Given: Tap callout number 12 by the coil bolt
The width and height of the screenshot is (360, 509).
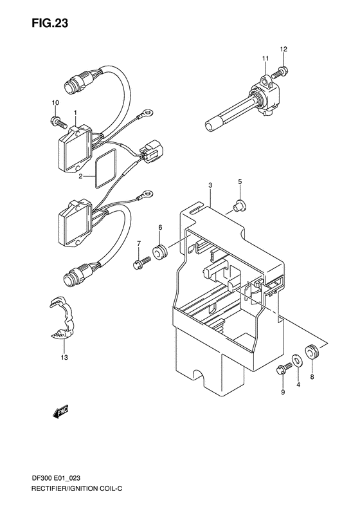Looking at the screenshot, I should click(284, 50).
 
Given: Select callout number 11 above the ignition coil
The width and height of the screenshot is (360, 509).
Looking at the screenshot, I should click(264, 59).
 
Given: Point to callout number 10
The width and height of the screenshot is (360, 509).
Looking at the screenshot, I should click(55, 103).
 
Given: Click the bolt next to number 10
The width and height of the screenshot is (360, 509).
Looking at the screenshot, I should click(57, 120).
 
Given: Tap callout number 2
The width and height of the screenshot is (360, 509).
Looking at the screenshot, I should click(81, 176).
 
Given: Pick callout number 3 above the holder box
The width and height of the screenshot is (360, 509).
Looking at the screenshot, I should click(210, 186).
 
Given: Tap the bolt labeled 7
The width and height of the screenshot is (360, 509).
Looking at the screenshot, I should click(139, 263).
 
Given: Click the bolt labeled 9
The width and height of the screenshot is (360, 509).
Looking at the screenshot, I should click(281, 369).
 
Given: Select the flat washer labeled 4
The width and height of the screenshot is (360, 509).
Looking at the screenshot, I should click(298, 361).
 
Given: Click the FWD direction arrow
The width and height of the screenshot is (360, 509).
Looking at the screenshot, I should click(60, 412).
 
